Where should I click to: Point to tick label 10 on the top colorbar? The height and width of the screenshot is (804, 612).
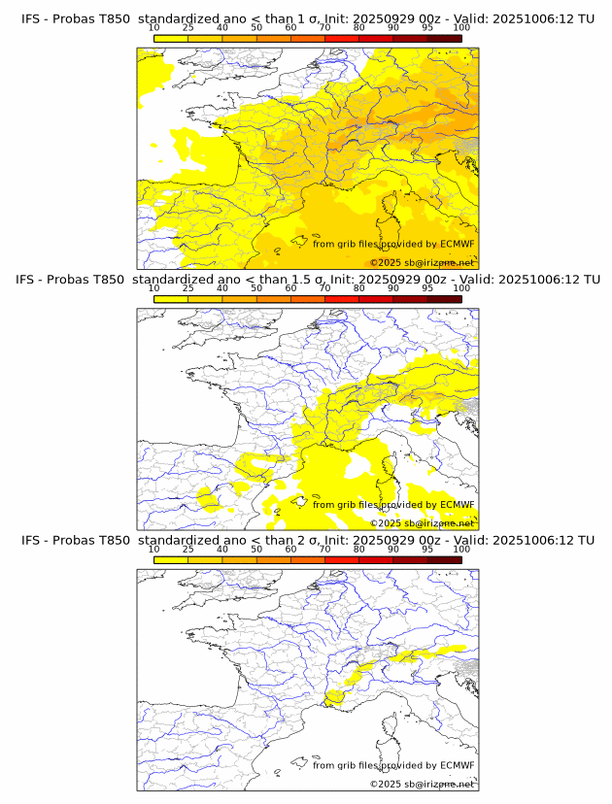click(154, 28)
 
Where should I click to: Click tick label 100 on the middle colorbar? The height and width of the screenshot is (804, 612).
click(461, 288)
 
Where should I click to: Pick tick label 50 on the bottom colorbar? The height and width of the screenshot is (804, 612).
click(256, 550)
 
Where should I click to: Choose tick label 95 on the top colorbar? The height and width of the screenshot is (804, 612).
click(427, 28)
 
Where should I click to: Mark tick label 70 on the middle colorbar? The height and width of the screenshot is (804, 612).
click(324, 288)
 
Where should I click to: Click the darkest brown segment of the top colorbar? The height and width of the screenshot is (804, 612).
click(444, 38)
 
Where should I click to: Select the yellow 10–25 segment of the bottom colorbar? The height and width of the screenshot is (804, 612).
click(171, 559)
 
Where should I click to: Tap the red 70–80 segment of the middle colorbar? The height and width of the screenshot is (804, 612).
click(342, 299)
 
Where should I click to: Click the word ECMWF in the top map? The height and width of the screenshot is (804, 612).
click(457, 244)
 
